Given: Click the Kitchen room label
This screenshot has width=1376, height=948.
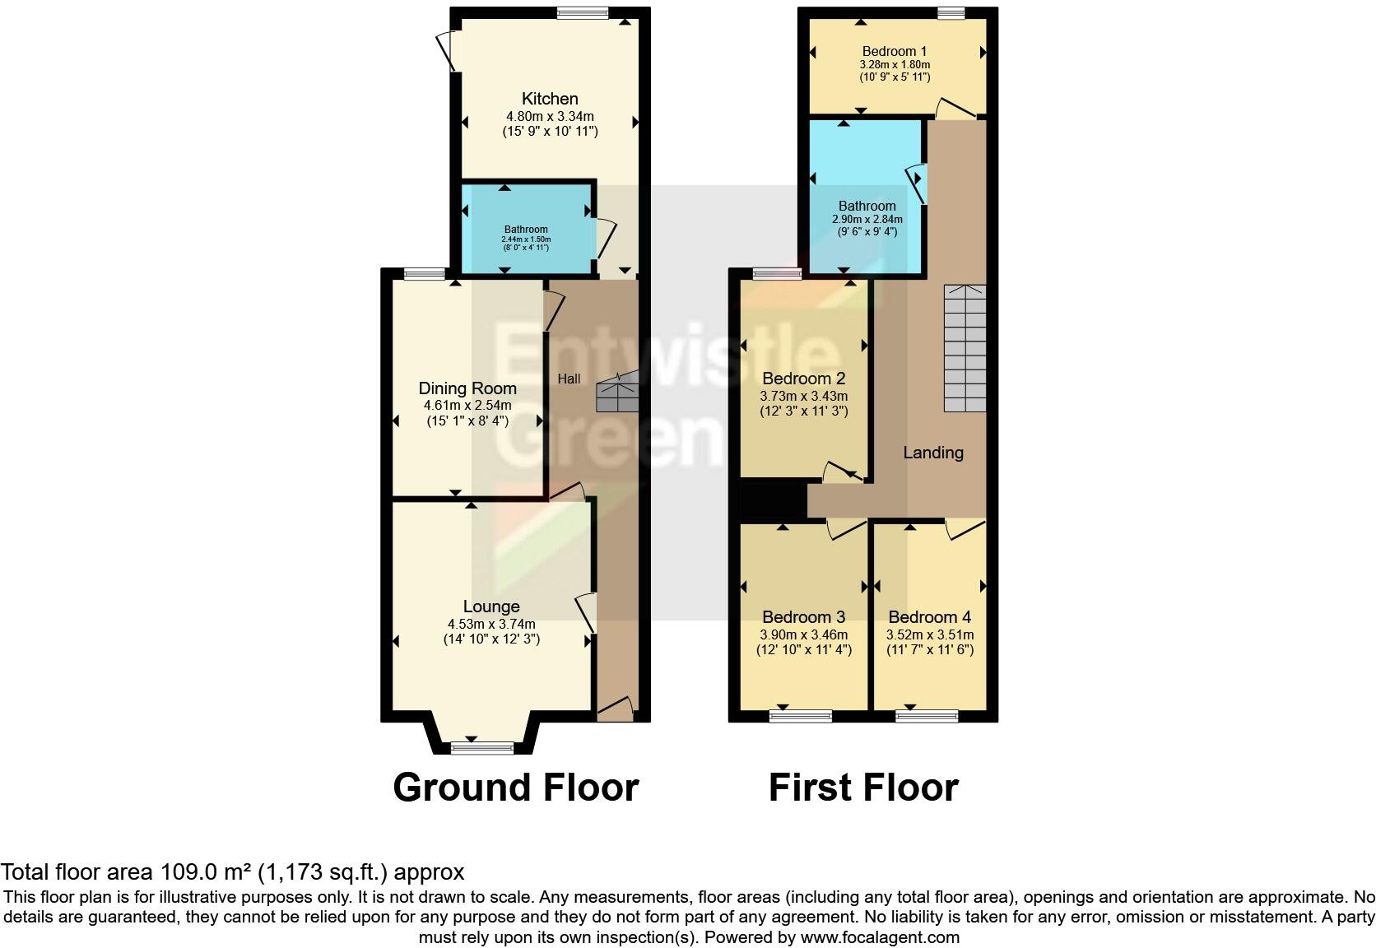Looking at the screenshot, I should pyautogui.click(x=550, y=99).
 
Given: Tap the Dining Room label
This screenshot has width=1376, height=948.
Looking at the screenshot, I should pyautogui.click(x=467, y=388).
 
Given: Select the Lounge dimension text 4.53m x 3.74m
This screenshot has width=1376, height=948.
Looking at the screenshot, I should pyautogui.click(x=491, y=624).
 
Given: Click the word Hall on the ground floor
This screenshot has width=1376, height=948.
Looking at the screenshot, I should pyautogui.click(x=569, y=379).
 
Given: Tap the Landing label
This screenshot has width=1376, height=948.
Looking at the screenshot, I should pyautogui.click(x=932, y=453).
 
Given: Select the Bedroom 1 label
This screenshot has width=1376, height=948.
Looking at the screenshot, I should pyautogui.click(x=895, y=51).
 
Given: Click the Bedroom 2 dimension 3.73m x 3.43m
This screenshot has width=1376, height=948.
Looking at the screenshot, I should pyautogui.click(x=803, y=396).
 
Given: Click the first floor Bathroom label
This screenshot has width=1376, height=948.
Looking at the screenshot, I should pyautogui.click(x=867, y=206).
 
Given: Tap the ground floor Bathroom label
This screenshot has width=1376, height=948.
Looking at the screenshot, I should pyautogui.click(x=526, y=230).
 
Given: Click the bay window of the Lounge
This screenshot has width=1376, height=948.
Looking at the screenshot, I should pyautogui.click(x=482, y=747).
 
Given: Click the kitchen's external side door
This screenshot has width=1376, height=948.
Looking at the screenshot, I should pyautogui.click(x=449, y=49).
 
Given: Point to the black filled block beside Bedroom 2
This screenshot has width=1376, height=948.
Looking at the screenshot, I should pyautogui.click(x=773, y=500).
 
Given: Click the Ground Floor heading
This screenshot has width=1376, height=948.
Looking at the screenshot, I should pyautogui.click(x=515, y=788).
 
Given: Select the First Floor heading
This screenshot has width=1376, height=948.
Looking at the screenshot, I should pyautogui.click(x=863, y=788).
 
